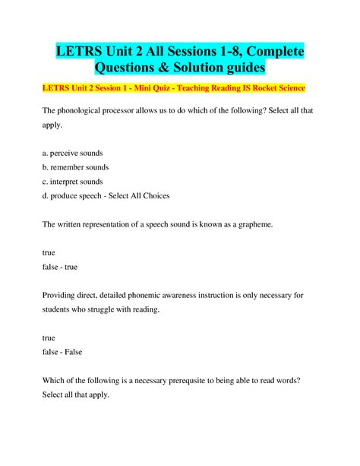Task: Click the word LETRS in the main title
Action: [x=81, y=52]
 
